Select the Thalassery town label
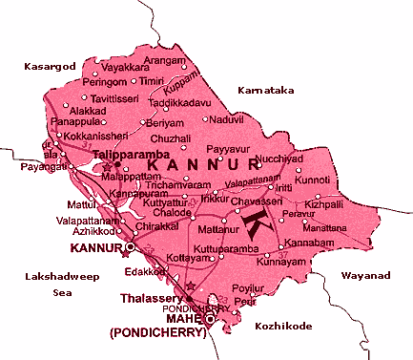(x=148, y=298)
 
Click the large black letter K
(x=258, y=223)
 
